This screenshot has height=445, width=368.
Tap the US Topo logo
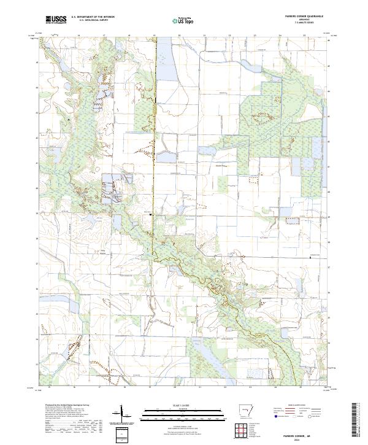tap(185, 21)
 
